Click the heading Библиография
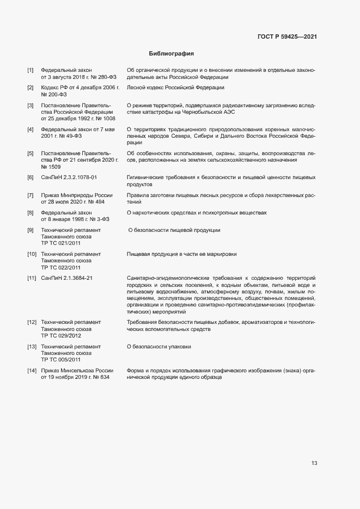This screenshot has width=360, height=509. pyautogui.click(x=172, y=54)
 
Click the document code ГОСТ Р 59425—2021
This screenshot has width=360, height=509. pyautogui.click(x=287, y=36)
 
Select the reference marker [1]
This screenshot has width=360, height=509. pyautogui.click(x=30, y=70)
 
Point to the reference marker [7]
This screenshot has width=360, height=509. pyautogui.click(x=30, y=195)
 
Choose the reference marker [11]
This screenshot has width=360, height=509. pyautogui.click(x=32, y=278)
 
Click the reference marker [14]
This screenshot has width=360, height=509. pyautogui.click(x=32, y=370)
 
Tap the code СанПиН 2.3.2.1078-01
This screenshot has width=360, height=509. pyautogui.click(x=69, y=177)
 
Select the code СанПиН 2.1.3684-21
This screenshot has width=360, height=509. pyautogui.click(x=67, y=278)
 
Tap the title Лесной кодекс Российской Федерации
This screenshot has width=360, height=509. pyautogui.click(x=175, y=88)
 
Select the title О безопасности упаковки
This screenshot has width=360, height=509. pyautogui.click(x=158, y=346)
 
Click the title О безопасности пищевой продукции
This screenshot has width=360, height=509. pyautogui.click(x=174, y=230)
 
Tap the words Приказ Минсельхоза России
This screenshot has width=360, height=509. pyautogui.click(x=77, y=370)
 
